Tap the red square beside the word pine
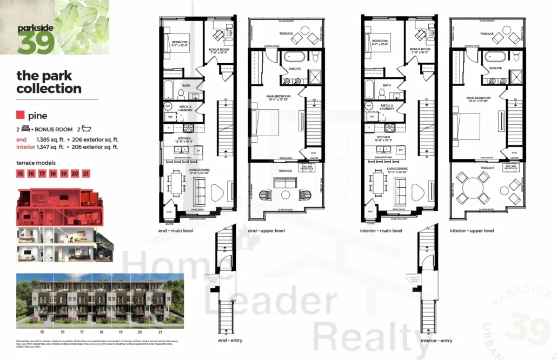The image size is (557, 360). (x=21, y=115)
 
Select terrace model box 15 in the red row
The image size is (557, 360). (x=21, y=174)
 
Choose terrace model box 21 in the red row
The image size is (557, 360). (x=87, y=174)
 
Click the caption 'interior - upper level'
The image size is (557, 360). (x=472, y=230)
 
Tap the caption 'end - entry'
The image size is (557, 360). (x=230, y=341)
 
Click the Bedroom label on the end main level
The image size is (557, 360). (x=180, y=42)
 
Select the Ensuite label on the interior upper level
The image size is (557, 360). (x=495, y=68)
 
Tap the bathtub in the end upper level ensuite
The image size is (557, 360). (x=296, y=56)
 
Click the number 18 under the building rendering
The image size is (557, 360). (x=102, y=331)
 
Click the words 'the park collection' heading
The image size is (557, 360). (x=49, y=82)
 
